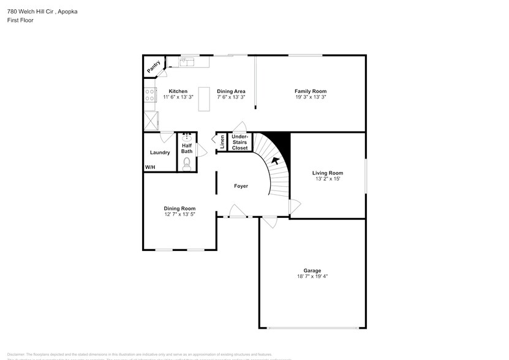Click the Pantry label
point(153,66)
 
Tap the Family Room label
point(311,91)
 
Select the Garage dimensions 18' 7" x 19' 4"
point(312,277)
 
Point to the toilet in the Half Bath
point(187,163)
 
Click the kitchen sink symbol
point(186,61)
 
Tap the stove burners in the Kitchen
point(149,95)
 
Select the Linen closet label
point(222,142)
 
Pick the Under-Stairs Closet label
point(239,142)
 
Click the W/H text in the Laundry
point(149,167)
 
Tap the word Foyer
point(241,186)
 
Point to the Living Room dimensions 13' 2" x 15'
point(328,179)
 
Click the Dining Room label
point(179,208)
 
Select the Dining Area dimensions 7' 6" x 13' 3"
point(231,97)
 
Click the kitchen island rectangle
point(204,103)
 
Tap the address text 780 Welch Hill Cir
point(34,12)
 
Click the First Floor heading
point(21,20)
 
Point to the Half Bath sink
point(187,138)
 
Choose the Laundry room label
point(160,152)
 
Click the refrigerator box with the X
point(151,121)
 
